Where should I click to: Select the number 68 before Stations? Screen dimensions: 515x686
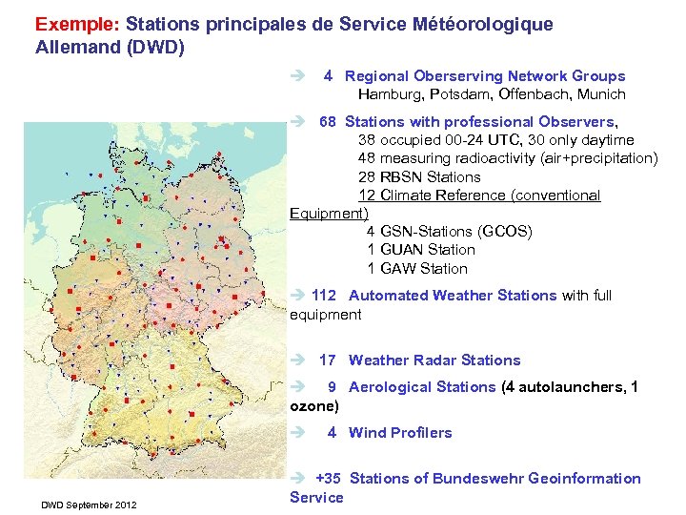coord(328,122)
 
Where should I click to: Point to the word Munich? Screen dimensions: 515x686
coord(600,94)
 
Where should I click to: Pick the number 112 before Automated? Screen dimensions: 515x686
coord(324,296)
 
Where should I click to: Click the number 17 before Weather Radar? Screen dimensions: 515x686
coord(328,360)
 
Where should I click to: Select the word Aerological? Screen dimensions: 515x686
coord(393,387)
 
